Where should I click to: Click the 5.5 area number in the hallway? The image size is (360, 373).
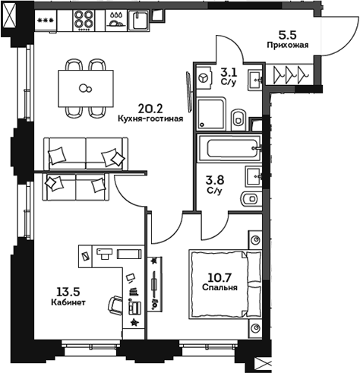pyautogui.click(x=287, y=35)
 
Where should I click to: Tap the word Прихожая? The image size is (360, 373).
pyautogui.click(x=287, y=46)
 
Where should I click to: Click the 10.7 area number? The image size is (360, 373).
pyautogui.click(x=221, y=277)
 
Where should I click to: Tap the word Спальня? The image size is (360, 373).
pyautogui.click(x=221, y=288)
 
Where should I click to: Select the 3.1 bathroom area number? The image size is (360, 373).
pyautogui.click(x=228, y=72)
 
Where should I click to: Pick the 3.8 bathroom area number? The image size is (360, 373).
pyautogui.click(x=215, y=180)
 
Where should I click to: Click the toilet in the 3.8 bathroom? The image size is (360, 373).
pyautogui.click(x=248, y=199)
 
